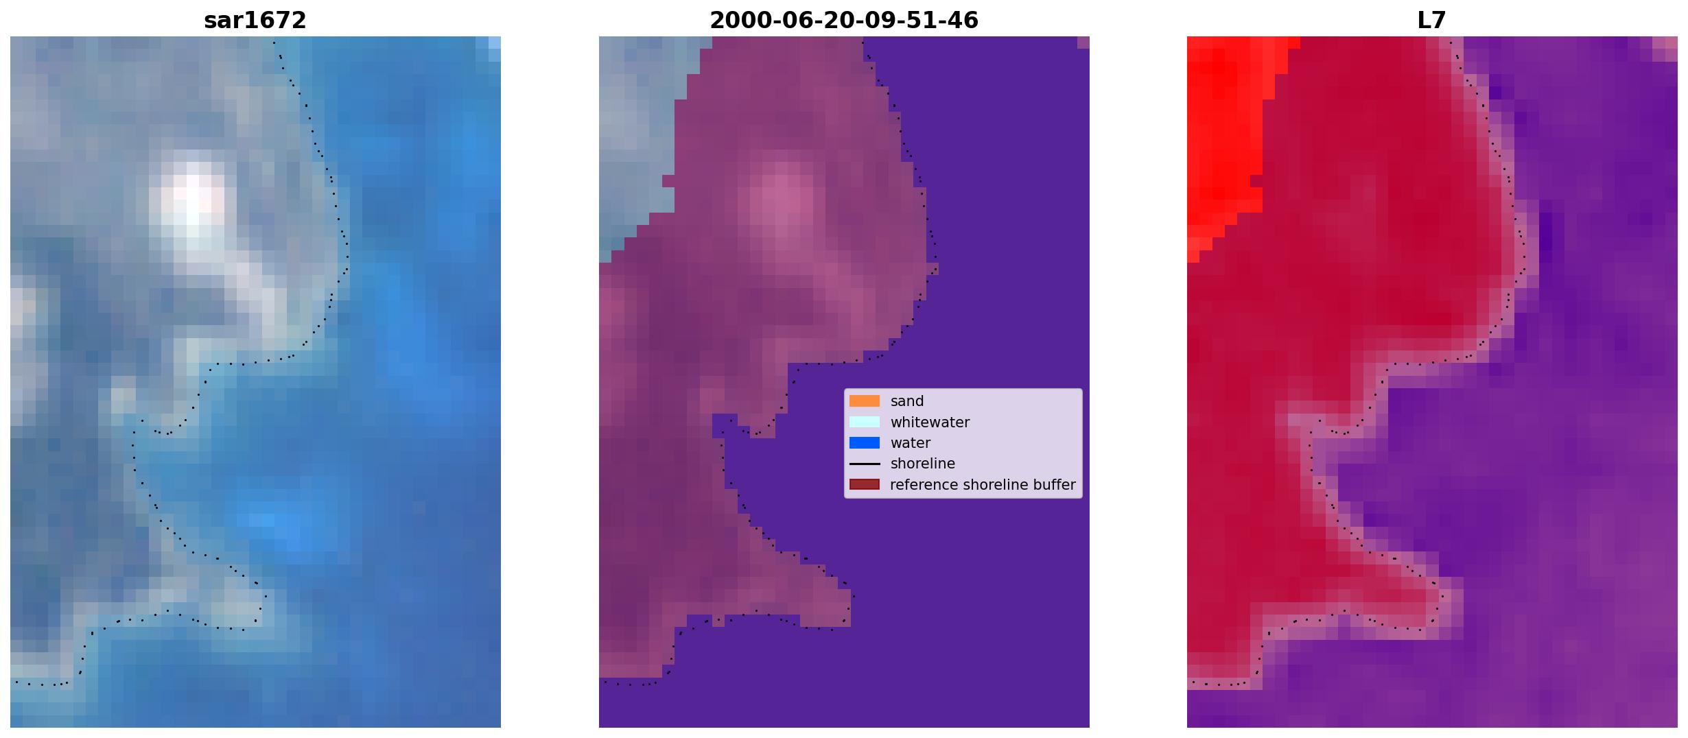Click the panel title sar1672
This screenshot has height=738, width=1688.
[x=255, y=21]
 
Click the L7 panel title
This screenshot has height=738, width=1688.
[x=1432, y=21]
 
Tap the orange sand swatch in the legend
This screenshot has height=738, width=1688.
[x=865, y=401]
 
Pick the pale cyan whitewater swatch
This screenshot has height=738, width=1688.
[x=865, y=422]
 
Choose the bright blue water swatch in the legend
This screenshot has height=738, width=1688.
[x=865, y=443]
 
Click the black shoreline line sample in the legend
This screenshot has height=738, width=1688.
[x=865, y=464]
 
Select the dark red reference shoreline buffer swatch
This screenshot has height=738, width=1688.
[x=865, y=485]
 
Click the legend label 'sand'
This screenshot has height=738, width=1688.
[x=907, y=401]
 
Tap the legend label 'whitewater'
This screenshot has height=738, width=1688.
[x=930, y=422]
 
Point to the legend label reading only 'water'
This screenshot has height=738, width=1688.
[x=911, y=443]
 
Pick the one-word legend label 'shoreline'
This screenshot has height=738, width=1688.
[x=923, y=464]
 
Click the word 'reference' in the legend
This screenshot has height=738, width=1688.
[x=924, y=485]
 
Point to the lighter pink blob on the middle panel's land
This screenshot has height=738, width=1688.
[x=782, y=202]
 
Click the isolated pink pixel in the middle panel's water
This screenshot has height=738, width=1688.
[x=1083, y=43]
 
